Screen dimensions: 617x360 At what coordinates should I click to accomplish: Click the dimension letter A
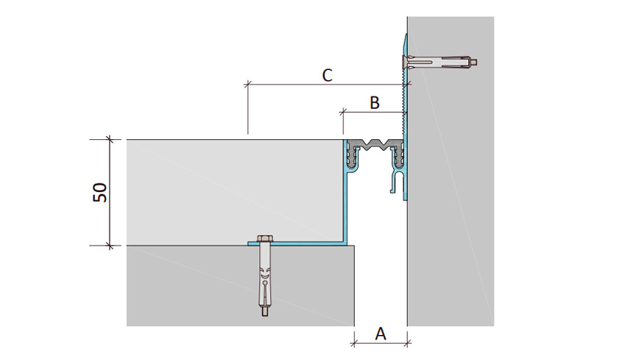[380, 333]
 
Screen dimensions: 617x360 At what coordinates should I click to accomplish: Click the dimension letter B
[375, 102]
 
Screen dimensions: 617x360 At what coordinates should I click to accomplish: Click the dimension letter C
[327, 75]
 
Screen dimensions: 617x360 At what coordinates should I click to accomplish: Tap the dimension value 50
[100, 192]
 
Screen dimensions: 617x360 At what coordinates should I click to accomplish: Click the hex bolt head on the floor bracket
[263, 239]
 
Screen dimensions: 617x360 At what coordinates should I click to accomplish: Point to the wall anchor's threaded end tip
[476, 62]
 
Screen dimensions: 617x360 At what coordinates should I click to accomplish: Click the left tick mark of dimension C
[247, 84]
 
